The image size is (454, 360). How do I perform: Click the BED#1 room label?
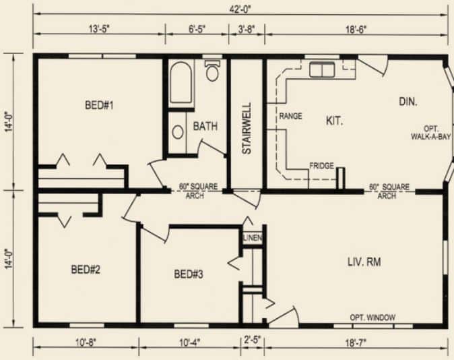click(99, 105)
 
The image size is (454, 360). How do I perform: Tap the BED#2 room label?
click(86, 270)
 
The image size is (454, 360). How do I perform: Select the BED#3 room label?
click(189, 274)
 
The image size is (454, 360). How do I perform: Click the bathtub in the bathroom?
click(181, 83)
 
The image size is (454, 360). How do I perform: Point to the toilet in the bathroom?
click(212, 70)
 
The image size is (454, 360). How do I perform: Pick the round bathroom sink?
click(178, 132)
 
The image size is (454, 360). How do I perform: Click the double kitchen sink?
click(322, 69)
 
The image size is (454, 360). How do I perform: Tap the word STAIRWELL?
click(247, 128)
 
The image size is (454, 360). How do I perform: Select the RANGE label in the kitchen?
click(290, 116)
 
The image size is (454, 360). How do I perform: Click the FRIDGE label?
click(322, 166)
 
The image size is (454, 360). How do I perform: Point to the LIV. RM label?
click(364, 262)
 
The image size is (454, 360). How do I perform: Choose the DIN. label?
click(408, 101)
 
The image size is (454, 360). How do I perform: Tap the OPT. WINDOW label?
click(372, 318)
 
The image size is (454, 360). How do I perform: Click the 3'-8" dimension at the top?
click(247, 29)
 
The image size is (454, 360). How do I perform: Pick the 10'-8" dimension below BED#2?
click(86, 343)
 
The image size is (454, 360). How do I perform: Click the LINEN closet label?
click(253, 238)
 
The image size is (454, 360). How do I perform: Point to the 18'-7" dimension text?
click(356, 343)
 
